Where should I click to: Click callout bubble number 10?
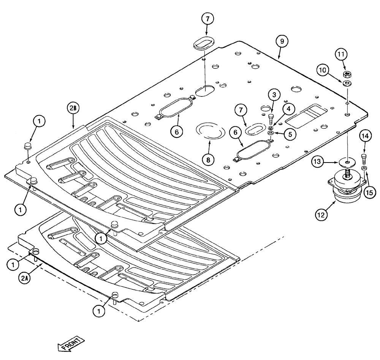(323, 70)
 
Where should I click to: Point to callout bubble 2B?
(73, 108)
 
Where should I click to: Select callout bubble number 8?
(208, 160)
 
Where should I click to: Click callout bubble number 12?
(321, 215)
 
